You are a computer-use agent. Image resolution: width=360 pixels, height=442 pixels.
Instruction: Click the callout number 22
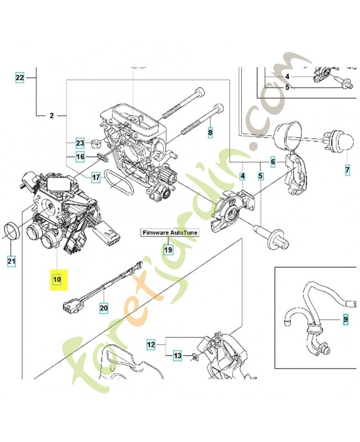point(20,78)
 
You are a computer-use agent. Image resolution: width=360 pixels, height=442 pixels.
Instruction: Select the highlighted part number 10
point(57,280)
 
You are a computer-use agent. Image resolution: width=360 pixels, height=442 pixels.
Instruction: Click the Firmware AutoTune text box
point(168,233)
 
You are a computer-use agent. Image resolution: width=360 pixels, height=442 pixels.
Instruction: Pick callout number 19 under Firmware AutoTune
point(168,250)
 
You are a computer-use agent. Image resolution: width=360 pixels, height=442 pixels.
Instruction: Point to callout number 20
point(103,307)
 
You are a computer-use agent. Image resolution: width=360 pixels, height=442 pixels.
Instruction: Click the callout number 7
point(347,170)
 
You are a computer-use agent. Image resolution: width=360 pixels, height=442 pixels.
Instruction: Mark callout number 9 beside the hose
point(345,319)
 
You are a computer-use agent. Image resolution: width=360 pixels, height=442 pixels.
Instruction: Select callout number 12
point(151,344)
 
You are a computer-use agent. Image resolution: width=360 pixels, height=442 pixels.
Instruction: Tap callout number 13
point(177,356)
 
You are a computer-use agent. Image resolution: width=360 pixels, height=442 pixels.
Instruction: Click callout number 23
point(80,143)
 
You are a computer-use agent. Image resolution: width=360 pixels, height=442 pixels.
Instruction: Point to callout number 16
point(80,157)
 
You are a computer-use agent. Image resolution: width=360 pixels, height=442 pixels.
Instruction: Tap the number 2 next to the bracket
point(51,116)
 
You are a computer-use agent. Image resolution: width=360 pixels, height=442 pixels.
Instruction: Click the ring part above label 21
point(12,230)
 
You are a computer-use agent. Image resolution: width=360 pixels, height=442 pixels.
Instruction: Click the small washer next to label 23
point(95,144)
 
